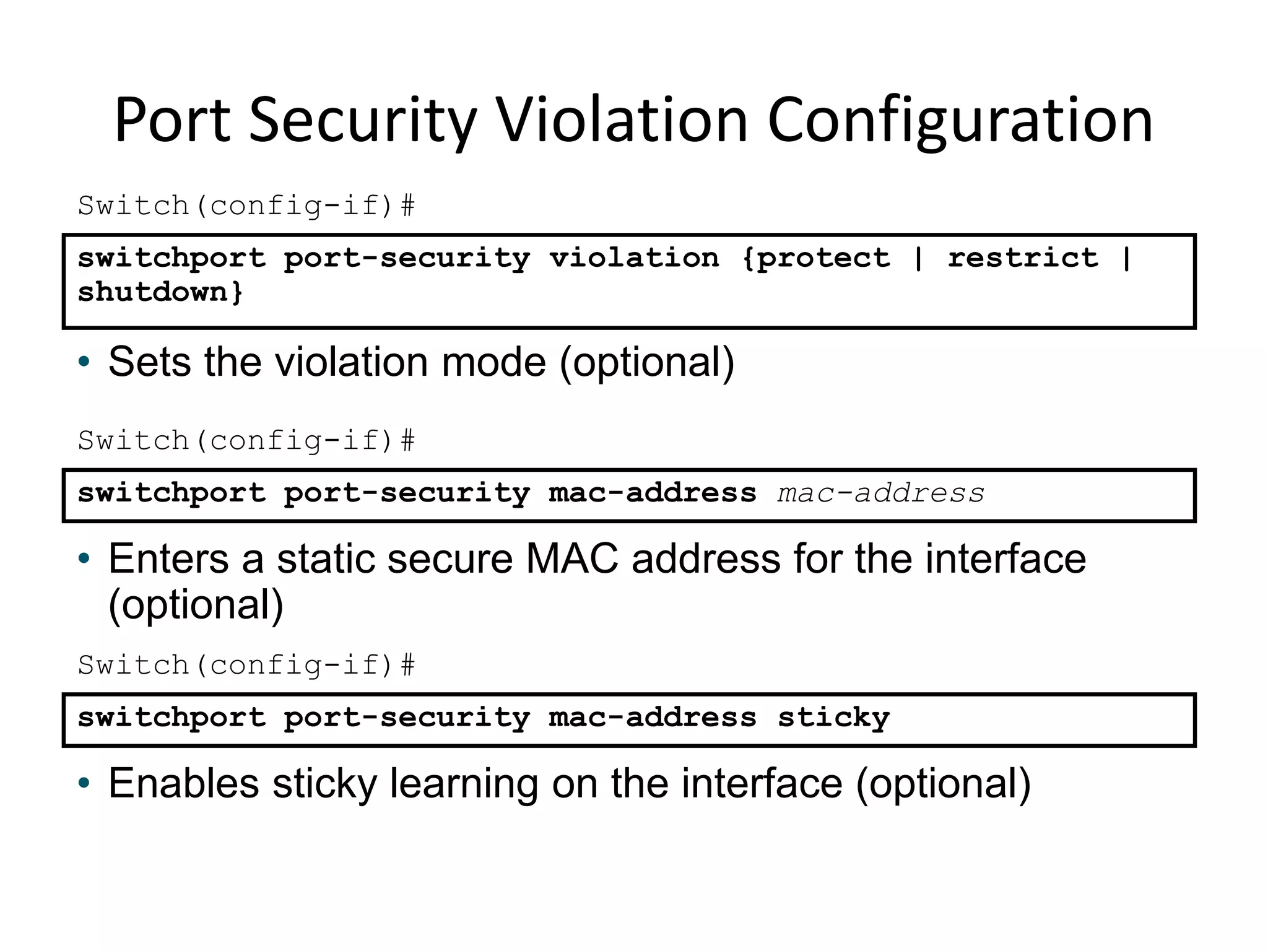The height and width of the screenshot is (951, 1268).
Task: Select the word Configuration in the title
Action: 960,121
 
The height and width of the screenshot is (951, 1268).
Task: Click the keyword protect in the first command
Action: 823,258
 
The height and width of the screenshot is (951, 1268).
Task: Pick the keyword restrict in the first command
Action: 1023,258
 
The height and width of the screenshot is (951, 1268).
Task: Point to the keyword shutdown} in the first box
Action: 160,292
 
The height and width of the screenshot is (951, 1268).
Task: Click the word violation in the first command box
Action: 634,258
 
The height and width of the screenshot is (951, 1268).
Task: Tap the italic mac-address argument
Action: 880,493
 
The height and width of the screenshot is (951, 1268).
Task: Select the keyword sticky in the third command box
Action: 833,718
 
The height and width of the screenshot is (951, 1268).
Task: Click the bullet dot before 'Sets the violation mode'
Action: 84,362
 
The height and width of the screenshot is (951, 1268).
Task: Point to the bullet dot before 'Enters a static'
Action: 84,559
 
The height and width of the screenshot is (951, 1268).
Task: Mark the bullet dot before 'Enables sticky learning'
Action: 84,784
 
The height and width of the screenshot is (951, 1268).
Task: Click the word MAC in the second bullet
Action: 571,559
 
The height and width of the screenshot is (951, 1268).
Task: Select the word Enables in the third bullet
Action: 183,783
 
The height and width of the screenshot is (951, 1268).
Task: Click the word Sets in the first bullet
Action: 149,362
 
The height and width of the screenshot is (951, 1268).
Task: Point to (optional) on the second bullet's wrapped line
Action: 196,605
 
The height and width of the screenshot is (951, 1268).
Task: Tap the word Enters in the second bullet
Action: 169,559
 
